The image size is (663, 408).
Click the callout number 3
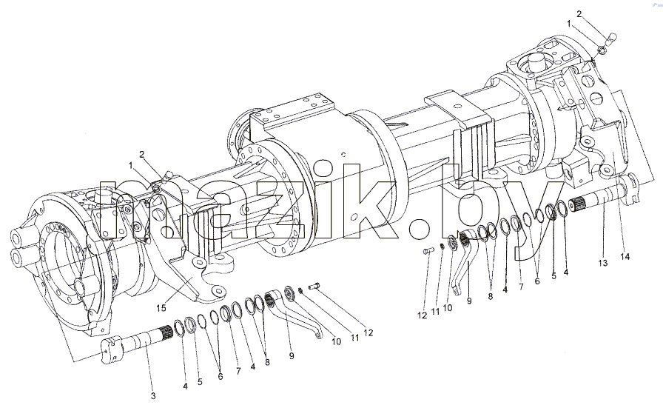click(x=153, y=396)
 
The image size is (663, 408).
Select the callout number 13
click(x=603, y=264)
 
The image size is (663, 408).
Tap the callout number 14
click(x=625, y=256)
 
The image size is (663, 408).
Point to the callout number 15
click(x=161, y=308)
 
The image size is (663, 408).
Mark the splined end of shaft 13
click(x=579, y=205)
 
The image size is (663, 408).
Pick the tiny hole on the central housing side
click(x=343, y=154)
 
